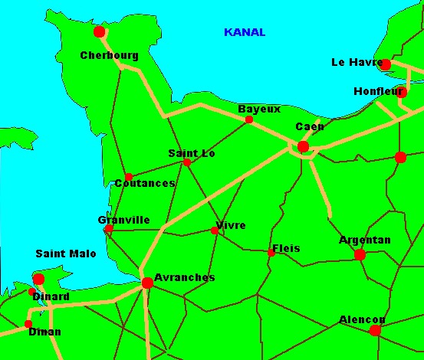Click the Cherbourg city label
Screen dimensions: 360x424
pos(109,55)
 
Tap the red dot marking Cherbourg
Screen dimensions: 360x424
pos(99,31)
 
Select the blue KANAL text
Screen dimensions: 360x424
pos(245,32)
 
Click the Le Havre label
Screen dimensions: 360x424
pos(357,62)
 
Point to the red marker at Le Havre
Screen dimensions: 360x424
pos(385,64)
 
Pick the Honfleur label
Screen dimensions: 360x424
pos(379,91)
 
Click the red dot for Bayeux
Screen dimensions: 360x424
pos(248,119)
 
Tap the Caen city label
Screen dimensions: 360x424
pos(310,126)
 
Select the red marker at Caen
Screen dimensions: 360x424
pos(303,146)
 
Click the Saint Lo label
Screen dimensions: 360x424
pos(192,153)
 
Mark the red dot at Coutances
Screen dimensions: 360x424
pos(129,177)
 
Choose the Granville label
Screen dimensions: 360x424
pos(123,220)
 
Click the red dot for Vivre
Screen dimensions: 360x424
pos(215,230)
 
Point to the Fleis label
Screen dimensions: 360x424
pos(286,248)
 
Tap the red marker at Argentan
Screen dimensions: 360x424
pos(360,255)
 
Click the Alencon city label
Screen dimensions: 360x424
pos(363,319)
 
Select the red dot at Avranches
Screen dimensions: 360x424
pos(147,283)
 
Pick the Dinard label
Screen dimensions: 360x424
pos(51,296)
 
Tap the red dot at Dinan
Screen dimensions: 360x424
pos(28,324)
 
